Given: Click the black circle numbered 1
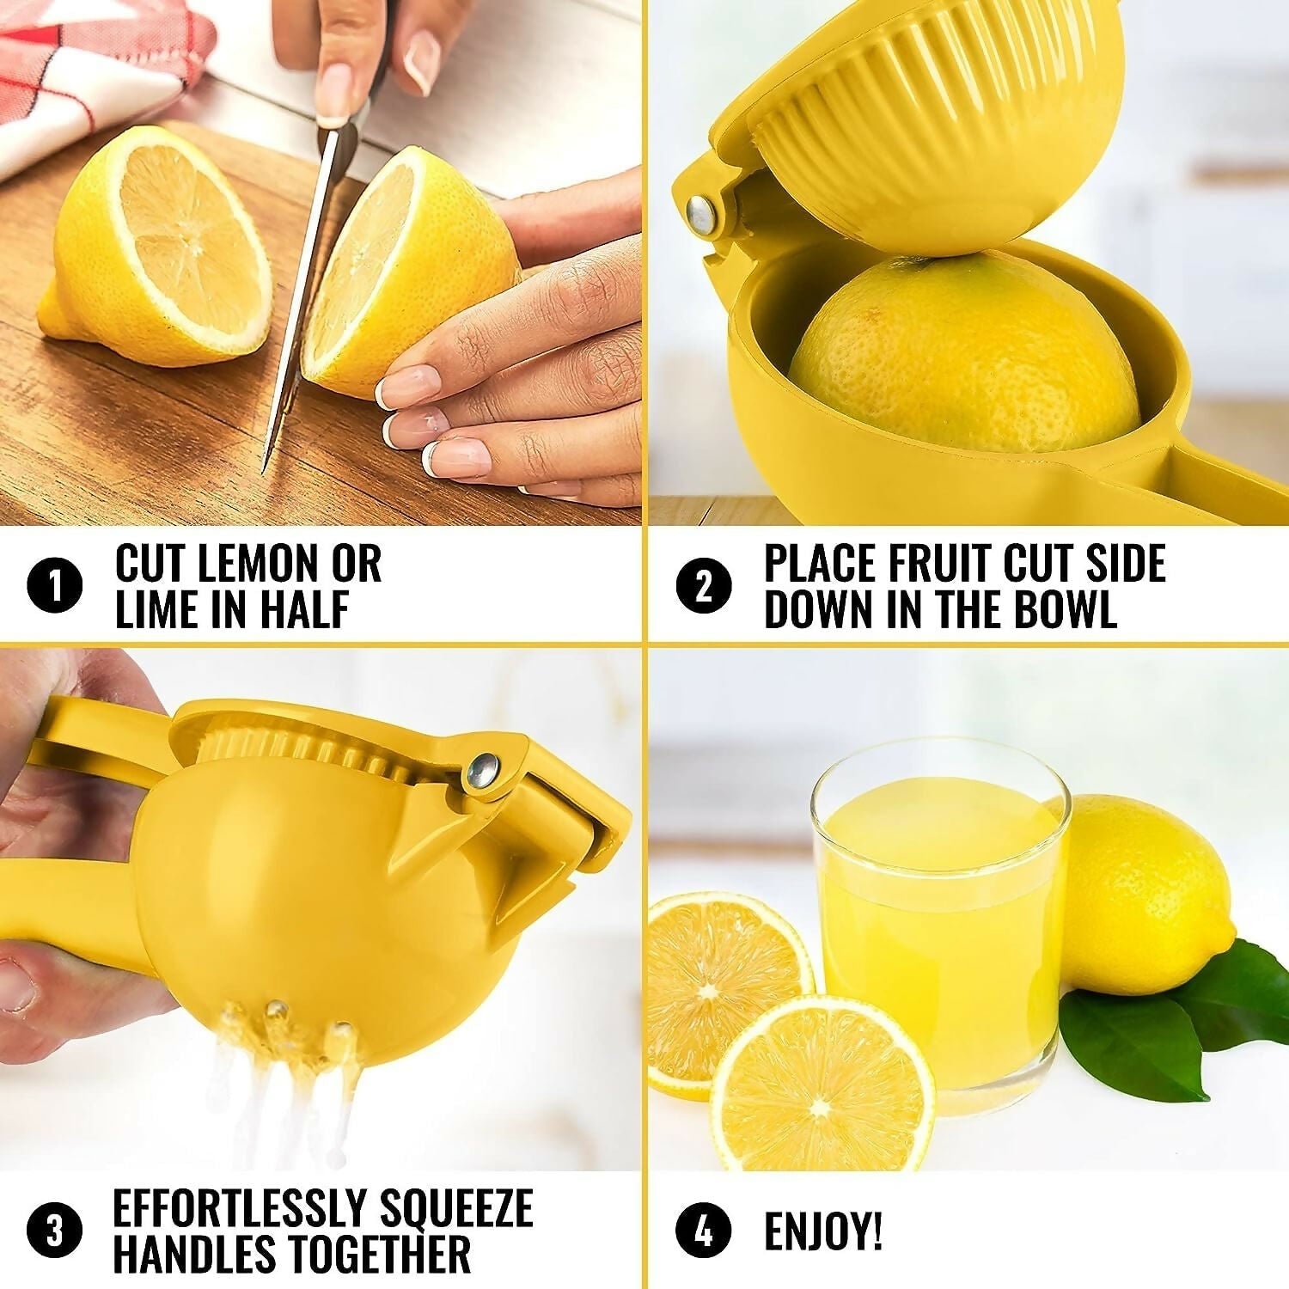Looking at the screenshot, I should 54,587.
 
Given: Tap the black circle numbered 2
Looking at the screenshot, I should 703,587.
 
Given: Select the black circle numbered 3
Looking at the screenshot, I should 54,1231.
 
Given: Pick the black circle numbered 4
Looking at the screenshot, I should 703,1231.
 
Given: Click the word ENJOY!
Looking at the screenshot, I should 822,1231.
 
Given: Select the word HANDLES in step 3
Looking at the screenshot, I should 198,1254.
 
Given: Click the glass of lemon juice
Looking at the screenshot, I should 941,928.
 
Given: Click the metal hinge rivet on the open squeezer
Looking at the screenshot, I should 702,213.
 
